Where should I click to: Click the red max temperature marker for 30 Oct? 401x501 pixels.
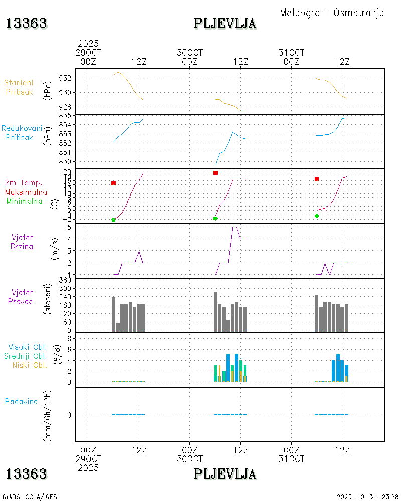click(x=215, y=173)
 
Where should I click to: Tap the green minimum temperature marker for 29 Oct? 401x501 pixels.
click(x=113, y=220)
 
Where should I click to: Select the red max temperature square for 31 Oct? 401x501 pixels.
click(x=317, y=179)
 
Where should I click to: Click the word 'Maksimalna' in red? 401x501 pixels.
click(x=26, y=192)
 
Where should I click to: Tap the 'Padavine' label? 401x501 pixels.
click(x=21, y=401)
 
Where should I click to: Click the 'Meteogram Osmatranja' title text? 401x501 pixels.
click(x=332, y=13)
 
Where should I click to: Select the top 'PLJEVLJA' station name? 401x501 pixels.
click(x=225, y=23)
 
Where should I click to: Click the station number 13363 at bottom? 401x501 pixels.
click(x=26, y=473)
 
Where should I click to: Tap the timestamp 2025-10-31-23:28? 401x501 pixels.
click(x=367, y=497)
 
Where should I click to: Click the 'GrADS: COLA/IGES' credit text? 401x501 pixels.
click(x=30, y=497)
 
